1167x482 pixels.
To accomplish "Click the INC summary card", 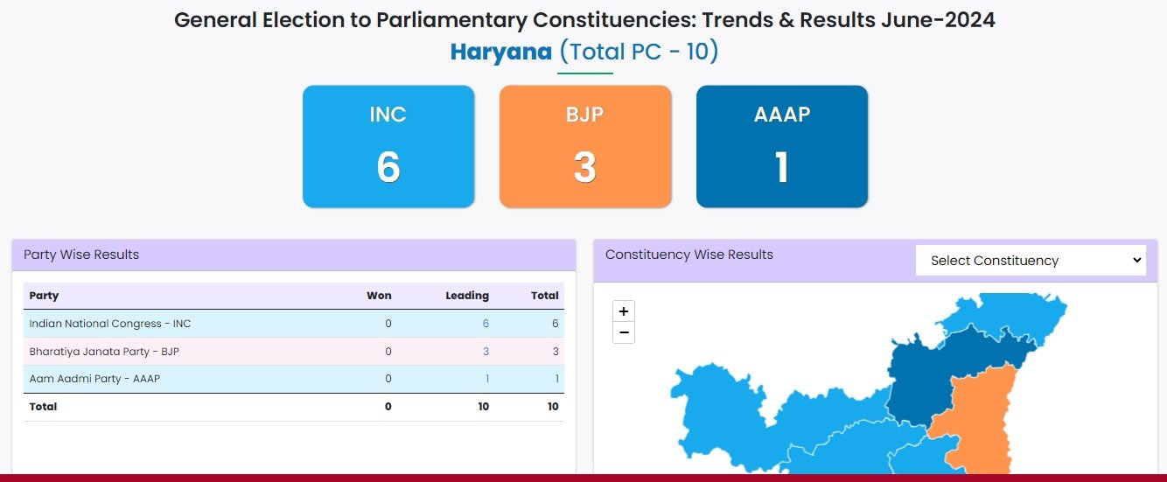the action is [x=388, y=146].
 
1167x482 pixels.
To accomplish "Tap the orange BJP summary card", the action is [x=585, y=146].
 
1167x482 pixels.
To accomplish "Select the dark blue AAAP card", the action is [x=782, y=146].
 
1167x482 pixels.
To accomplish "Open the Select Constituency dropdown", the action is [x=1031, y=260].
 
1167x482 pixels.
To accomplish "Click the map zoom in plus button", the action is [x=624, y=311].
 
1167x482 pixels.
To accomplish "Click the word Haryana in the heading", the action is [x=500, y=52].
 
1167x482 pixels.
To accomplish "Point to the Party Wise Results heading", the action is [x=81, y=255].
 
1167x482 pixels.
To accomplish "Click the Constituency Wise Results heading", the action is [x=688, y=255].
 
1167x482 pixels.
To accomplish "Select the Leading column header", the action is [x=467, y=296].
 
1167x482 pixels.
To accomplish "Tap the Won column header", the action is [x=379, y=296].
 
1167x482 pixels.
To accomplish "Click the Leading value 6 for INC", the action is [x=486, y=324].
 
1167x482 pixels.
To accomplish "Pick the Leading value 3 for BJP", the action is [x=486, y=352].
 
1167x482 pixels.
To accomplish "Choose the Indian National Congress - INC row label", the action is [x=110, y=324].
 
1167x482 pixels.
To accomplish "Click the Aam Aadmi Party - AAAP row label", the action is [x=94, y=379].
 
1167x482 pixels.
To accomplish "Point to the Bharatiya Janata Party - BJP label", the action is [x=104, y=352].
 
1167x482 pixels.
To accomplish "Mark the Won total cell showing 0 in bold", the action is [x=388, y=407].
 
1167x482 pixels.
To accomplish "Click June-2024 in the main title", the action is [x=938, y=20].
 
